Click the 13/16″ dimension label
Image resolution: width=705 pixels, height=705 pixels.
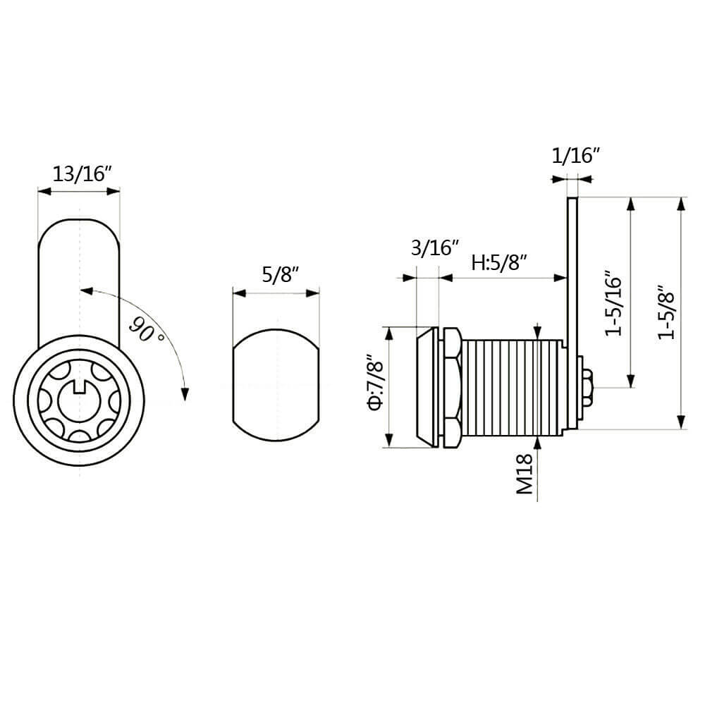pyautogui.click(x=82, y=173)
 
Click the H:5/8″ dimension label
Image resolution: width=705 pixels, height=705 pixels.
pyautogui.click(x=500, y=264)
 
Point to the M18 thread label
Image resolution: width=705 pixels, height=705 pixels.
pyautogui.click(x=524, y=474)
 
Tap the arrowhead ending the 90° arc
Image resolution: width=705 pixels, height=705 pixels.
pyautogui.click(x=185, y=392)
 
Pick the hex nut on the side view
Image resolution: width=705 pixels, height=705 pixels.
pyautogui.click(x=451, y=386)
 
